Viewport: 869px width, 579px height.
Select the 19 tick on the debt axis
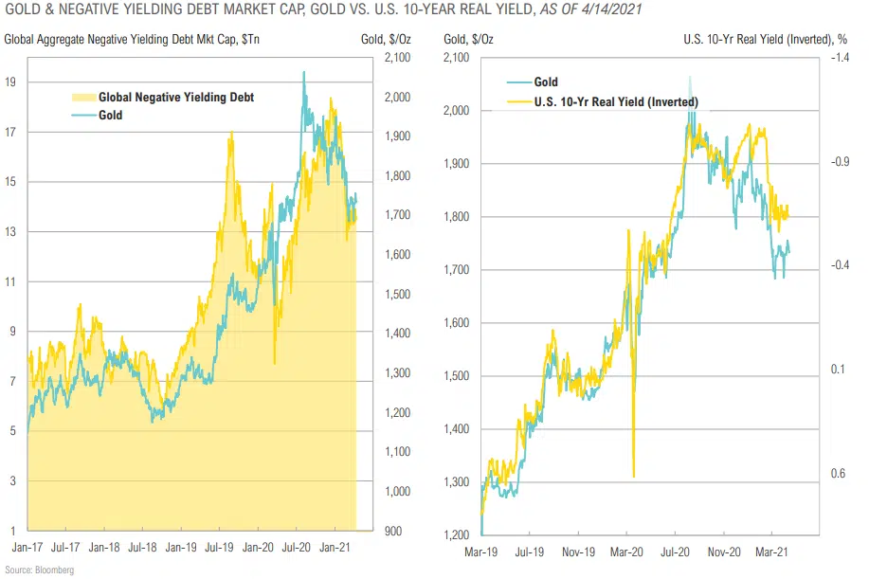pyautogui.click(x=9, y=82)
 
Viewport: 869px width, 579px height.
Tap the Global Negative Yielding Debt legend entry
pyautogui.click(x=176, y=98)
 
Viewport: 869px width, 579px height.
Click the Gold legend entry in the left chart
pyautogui.click(x=110, y=116)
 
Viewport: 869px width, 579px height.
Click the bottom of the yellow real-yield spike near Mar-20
pyautogui.click(x=633, y=476)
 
